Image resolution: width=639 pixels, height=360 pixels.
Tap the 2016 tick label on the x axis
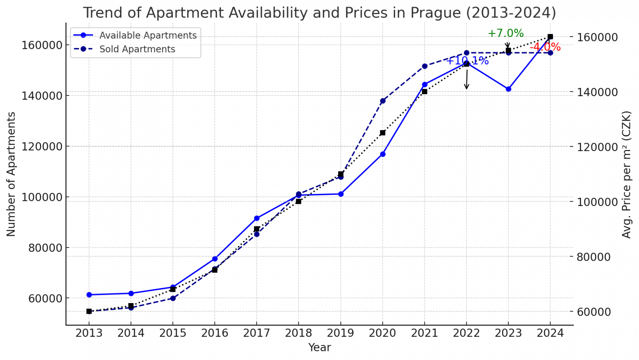(x=215, y=333)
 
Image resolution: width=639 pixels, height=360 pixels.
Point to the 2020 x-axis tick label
(x=382, y=333)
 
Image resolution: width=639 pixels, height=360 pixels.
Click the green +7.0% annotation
(x=506, y=33)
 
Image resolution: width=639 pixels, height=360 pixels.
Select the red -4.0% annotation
(x=545, y=47)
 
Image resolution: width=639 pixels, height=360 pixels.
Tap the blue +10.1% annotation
(x=467, y=61)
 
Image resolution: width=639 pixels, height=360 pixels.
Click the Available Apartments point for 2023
(x=508, y=89)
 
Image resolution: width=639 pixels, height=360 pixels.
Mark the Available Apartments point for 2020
(x=383, y=154)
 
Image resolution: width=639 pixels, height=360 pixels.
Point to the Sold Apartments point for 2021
(x=425, y=66)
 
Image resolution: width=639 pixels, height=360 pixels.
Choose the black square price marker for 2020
(x=383, y=133)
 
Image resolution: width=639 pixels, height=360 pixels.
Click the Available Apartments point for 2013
(x=89, y=295)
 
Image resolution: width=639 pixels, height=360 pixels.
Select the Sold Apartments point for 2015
(x=173, y=298)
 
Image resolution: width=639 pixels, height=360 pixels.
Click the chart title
(x=319, y=13)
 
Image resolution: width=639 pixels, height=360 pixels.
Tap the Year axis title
(x=319, y=347)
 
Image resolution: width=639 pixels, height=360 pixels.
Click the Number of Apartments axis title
(x=11, y=174)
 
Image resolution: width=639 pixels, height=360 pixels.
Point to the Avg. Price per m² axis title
(x=626, y=174)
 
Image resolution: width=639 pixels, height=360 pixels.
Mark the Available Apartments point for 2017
(x=257, y=218)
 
